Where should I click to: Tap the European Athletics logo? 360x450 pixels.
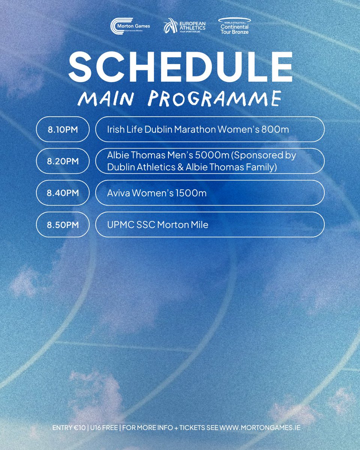(184, 26)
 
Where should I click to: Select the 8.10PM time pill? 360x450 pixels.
(63, 129)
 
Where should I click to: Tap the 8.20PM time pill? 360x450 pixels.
(63, 161)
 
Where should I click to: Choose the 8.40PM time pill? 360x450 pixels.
(63, 193)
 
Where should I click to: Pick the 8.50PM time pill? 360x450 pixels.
(63, 225)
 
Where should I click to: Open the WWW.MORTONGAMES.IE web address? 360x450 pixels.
(260, 427)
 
